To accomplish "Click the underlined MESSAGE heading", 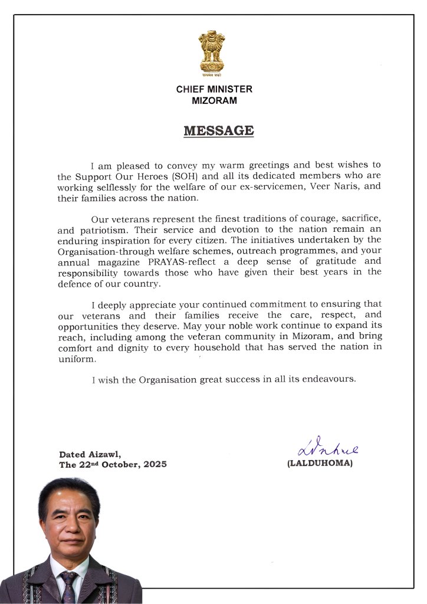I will (x=218, y=131).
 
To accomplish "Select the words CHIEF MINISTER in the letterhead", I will (x=213, y=90).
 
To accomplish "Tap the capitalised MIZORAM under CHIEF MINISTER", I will (x=214, y=100).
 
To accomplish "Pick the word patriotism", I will (x=106, y=230).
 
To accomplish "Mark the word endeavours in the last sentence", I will (x=328, y=379).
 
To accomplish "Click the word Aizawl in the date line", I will (x=105, y=454).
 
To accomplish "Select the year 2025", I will (x=153, y=464).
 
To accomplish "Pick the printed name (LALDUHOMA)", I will (x=320, y=464).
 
